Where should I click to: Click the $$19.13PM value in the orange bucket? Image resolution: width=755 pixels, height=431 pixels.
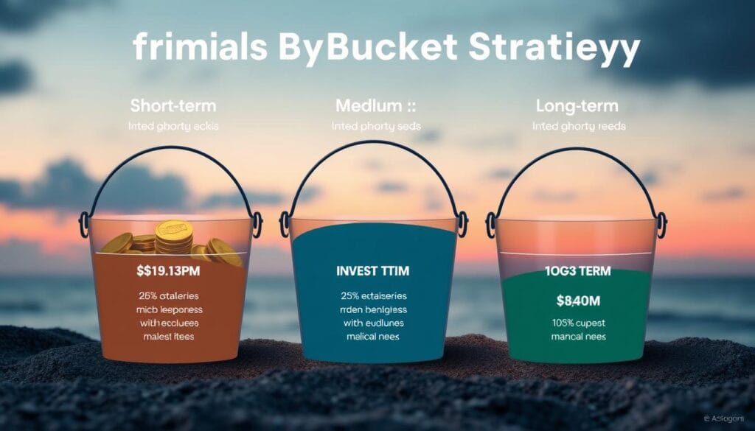click(170, 271)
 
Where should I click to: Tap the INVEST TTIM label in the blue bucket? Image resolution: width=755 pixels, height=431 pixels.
click(377, 271)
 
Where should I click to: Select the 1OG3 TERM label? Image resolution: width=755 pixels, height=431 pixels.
click(577, 271)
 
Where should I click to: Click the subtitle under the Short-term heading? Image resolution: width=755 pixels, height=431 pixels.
click(174, 126)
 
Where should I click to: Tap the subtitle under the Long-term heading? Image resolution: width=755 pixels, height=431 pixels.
click(578, 126)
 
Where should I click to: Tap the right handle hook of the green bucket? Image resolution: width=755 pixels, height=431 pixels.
click(661, 222)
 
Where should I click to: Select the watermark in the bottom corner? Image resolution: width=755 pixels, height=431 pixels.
click(726, 417)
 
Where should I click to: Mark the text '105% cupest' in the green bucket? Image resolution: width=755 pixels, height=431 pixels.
click(577, 322)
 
